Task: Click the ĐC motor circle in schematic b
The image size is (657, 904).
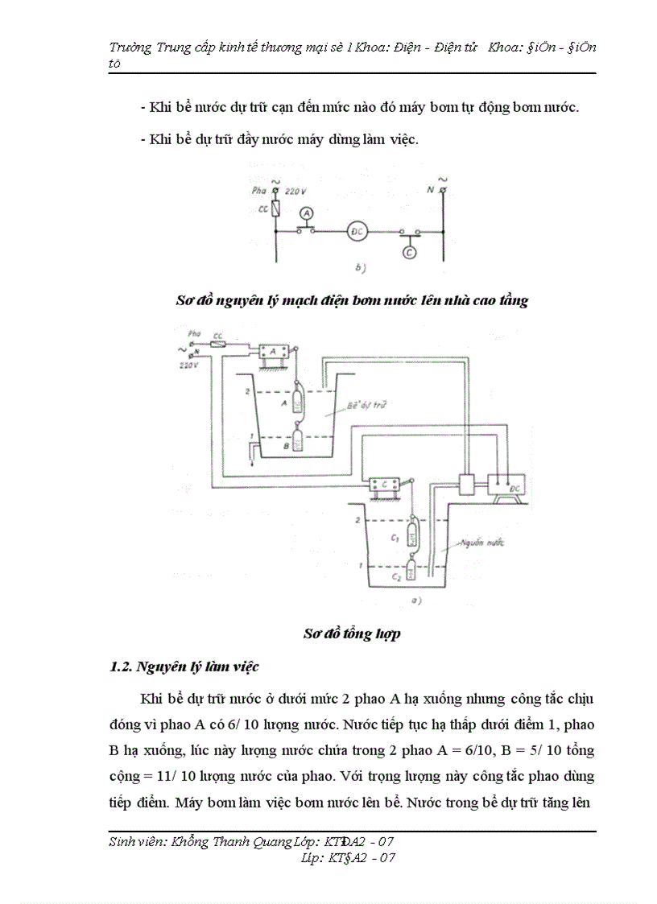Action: point(357,232)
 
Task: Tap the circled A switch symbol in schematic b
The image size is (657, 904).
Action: point(306,213)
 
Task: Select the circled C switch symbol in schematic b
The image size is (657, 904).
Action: point(409,252)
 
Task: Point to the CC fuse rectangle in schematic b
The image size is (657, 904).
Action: point(276,209)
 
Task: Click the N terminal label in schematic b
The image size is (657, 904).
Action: point(432,190)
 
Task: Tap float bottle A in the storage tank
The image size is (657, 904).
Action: point(297,395)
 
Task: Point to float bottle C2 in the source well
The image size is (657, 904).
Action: point(411,571)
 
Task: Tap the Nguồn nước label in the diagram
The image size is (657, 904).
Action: point(481,543)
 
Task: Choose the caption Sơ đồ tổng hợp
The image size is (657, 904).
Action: point(351,634)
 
